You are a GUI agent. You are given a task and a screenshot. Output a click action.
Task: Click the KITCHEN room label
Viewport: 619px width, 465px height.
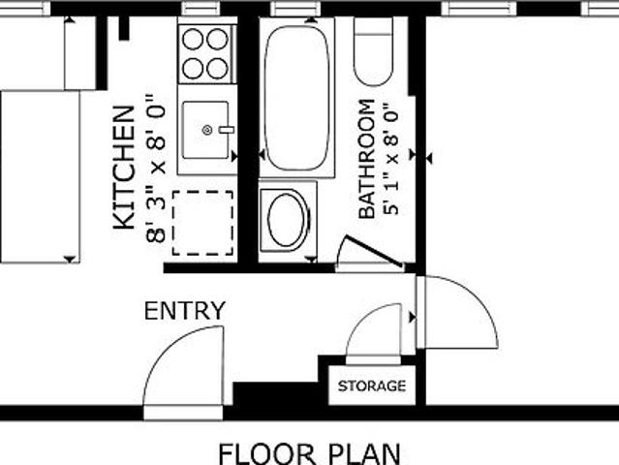click(x=124, y=168)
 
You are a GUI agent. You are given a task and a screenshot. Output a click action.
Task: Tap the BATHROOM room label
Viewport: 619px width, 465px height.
click(x=367, y=159)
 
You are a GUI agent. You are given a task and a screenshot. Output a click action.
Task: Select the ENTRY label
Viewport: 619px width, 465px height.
click(x=185, y=311)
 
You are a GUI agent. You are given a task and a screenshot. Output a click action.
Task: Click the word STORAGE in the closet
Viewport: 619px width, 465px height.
click(x=372, y=386)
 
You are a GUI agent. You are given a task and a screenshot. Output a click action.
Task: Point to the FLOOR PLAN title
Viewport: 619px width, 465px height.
click(x=310, y=454)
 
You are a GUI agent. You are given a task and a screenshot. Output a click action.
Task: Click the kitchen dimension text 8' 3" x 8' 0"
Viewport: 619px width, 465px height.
click(x=155, y=169)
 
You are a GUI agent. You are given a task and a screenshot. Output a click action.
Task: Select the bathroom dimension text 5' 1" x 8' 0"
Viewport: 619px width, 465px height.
click(x=391, y=160)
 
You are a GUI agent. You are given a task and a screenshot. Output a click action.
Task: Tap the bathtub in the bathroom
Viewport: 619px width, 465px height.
click(x=296, y=98)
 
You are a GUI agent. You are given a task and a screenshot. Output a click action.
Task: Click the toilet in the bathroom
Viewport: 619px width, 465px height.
click(x=373, y=51)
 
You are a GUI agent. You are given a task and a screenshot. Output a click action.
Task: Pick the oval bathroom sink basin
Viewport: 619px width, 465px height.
click(x=288, y=219)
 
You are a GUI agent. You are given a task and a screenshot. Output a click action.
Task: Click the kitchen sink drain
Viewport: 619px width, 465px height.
click(x=207, y=130)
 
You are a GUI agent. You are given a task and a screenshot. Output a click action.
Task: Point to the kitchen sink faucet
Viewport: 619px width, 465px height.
click(x=227, y=130)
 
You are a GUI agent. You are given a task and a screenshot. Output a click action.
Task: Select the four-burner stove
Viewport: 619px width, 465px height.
click(x=207, y=54)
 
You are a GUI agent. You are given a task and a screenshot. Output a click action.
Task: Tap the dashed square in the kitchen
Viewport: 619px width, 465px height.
click(x=202, y=223)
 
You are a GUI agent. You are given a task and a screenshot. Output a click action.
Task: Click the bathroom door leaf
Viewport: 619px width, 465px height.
click(x=373, y=251)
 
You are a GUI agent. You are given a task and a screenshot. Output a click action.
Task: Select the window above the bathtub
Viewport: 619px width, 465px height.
click(x=295, y=8)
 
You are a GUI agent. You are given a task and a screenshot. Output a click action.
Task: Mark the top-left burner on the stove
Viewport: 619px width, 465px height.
click(x=193, y=40)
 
